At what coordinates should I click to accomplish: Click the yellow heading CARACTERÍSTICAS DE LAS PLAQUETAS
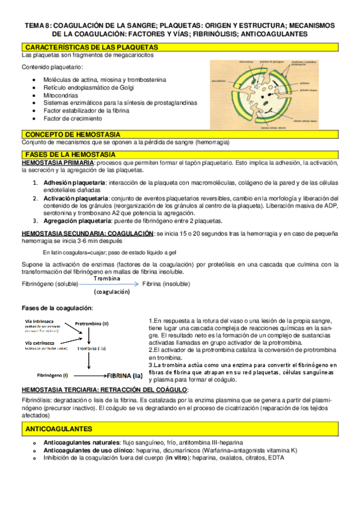click(x=91, y=47)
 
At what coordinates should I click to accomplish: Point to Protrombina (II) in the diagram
click(x=92, y=323)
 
